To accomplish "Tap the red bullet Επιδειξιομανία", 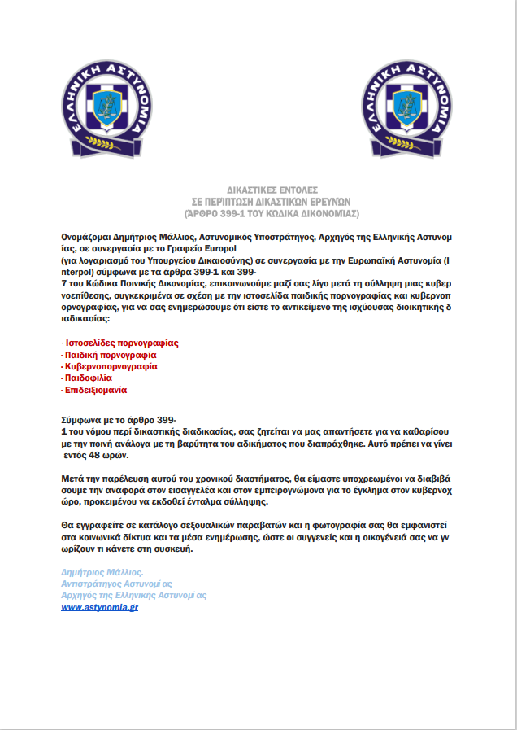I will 96,390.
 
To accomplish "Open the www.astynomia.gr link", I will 99,607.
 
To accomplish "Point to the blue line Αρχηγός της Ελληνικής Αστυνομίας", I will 134,595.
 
